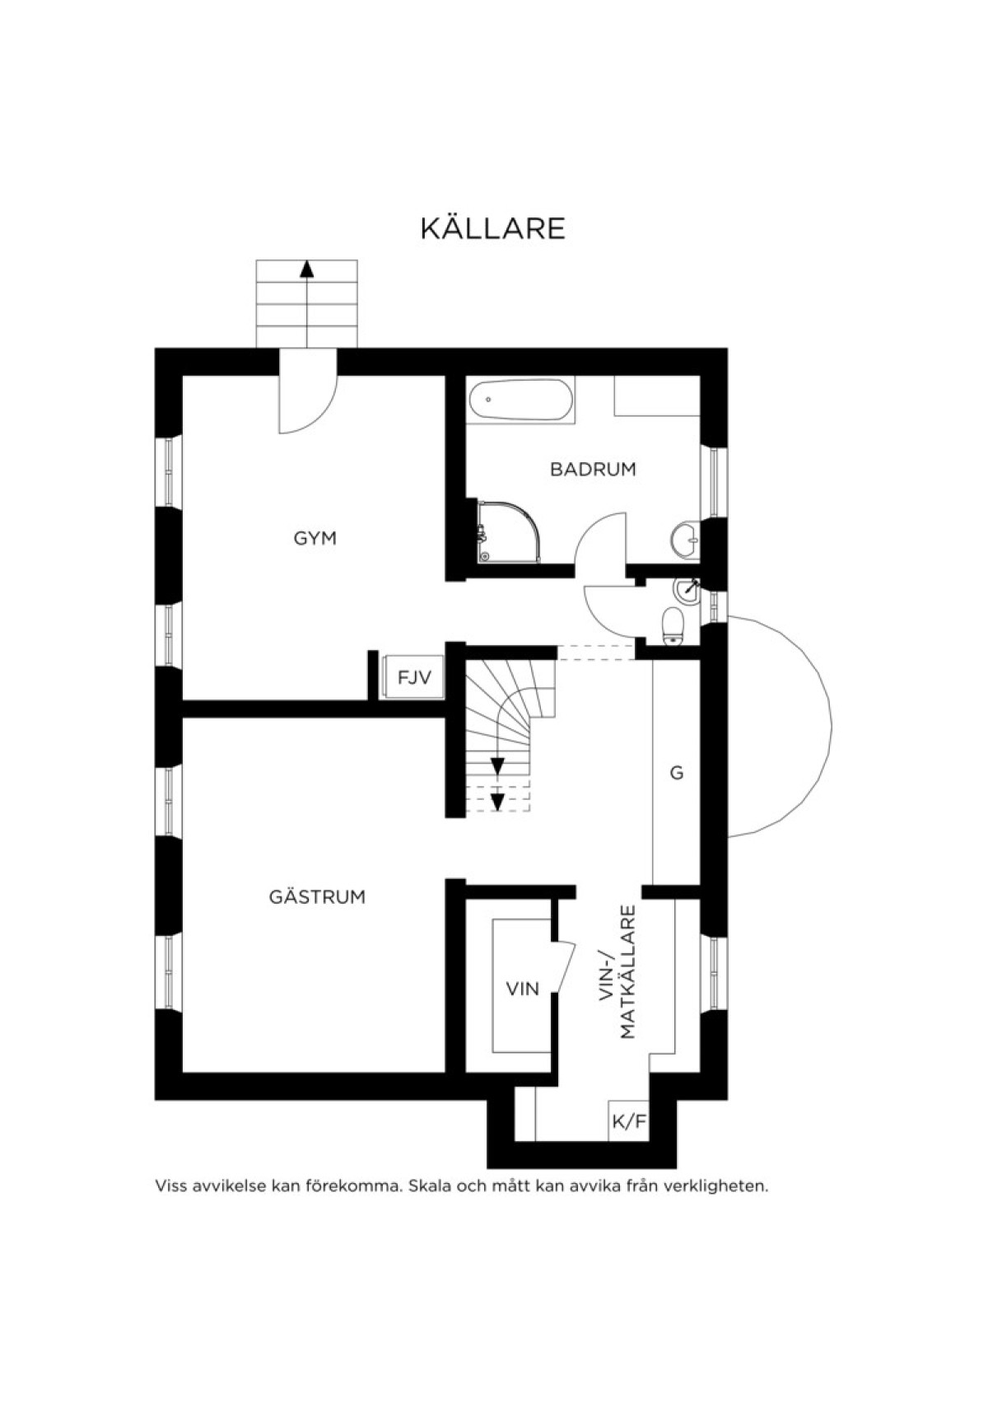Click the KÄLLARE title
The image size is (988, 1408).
(492, 229)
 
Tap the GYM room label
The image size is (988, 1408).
(315, 539)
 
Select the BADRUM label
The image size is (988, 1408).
(593, 470)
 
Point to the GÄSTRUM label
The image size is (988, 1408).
(317, 896)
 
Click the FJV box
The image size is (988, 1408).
(414, 677)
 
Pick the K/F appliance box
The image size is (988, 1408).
(629, 1120)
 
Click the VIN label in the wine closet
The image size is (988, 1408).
(523, 989)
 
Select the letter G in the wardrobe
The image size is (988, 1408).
(677, 773)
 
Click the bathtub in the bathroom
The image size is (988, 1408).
(520, 400)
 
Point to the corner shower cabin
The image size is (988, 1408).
(507, 531)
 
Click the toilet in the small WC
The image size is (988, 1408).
(672, 625)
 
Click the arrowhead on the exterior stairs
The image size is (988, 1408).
(306, 269)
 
